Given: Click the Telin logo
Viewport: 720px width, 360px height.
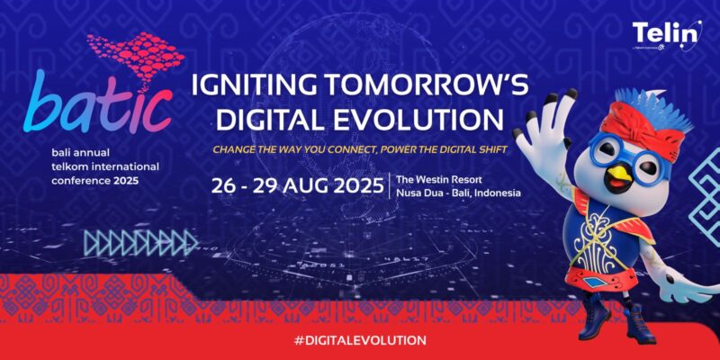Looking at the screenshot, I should pos(666,34).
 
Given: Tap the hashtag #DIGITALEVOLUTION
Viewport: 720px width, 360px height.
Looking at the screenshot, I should pos(359,340).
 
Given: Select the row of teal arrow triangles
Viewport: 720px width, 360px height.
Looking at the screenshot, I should pos(139,242).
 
